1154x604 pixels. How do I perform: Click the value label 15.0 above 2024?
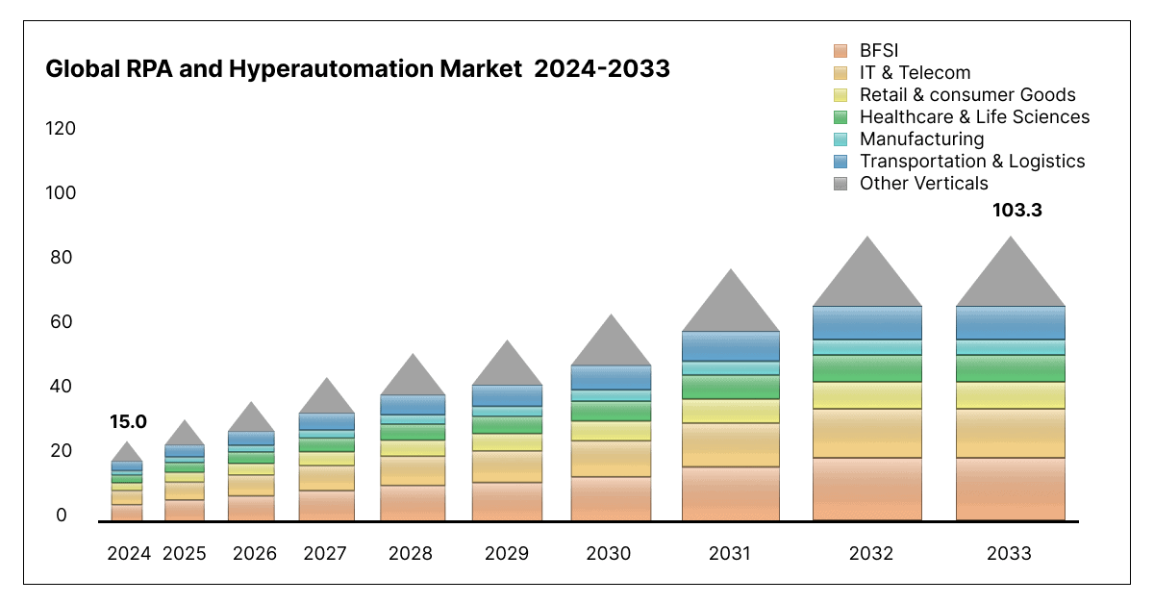[128, 421]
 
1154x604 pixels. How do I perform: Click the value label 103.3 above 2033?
[1017, 209]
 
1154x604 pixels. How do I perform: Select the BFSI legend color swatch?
[840, 51]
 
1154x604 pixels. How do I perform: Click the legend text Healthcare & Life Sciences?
[974, 117]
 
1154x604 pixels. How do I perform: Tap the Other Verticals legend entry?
[923, 184]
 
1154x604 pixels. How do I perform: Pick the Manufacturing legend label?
[921, 139]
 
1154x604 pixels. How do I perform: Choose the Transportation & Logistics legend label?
[971, 162]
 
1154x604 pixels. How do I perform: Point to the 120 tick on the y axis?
[61, 129]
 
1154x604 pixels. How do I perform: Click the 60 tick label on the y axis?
[61, 322]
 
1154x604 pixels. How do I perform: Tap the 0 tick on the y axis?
[63, 516]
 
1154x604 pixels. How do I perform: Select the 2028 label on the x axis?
[411, 554]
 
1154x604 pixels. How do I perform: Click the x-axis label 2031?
[731, 554]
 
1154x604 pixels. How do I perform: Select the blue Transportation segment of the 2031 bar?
[731, 346]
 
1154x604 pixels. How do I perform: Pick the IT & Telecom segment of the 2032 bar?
[867, 433]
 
